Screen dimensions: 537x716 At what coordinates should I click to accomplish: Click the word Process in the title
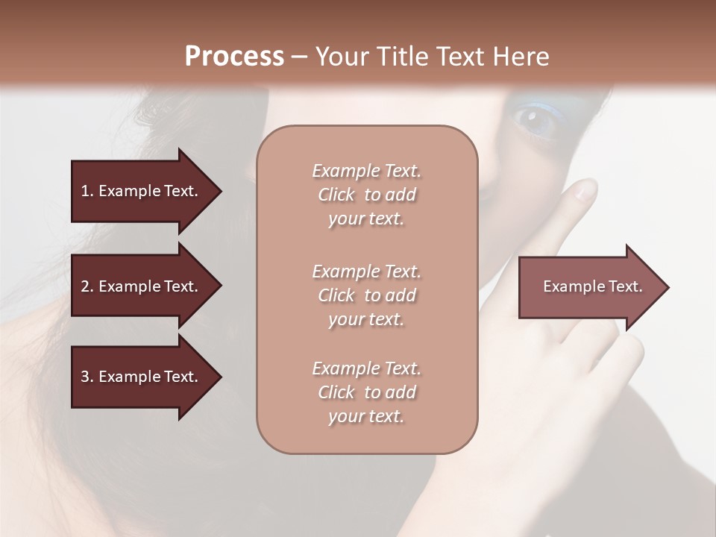(234, 57)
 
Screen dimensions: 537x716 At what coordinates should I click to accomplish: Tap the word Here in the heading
(519, 57)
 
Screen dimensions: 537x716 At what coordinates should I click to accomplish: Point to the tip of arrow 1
(220, 191)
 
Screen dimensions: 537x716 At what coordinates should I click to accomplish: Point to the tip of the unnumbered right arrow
(668, 287)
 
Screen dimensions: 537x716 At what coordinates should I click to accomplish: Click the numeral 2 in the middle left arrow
(85, 286)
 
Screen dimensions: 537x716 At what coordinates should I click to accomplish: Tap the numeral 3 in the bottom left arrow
(85, 377)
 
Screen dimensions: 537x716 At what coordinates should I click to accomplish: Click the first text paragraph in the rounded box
(366, 195)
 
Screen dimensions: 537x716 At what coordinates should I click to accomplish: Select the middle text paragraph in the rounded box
(366, 295)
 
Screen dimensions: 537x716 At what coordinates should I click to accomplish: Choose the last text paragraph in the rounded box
(366, 392)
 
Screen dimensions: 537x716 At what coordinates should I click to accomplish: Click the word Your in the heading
(340, 57)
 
